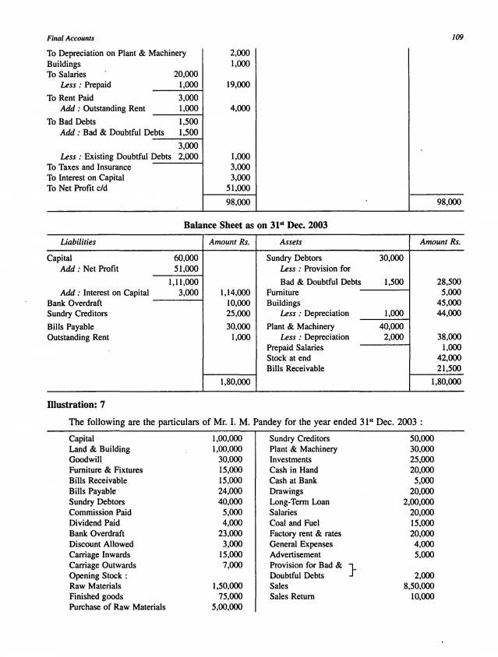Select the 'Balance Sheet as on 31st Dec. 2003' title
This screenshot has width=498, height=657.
255,224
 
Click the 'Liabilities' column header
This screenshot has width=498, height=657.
78,242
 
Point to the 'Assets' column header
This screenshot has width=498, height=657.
291,242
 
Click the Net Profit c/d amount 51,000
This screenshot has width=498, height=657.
237,188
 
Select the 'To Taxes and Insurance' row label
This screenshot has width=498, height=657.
89,167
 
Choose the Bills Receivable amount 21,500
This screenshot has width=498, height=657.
447,368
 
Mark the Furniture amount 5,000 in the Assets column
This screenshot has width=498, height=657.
450,292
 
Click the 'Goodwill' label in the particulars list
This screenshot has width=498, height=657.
85,460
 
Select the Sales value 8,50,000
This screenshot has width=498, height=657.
419,586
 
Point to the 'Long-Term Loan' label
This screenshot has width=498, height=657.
299,502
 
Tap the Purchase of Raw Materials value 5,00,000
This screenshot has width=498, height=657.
227,607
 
